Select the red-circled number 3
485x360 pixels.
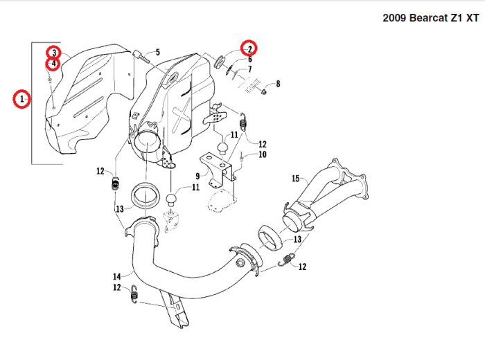(x=53, y=53)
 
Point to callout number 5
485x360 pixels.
(x=157, y=52)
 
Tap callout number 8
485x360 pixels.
(x=278, y=84)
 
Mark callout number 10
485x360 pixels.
(x=262, y=155)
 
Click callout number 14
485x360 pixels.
(x=116, y=276)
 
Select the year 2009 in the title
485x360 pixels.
(x=394, y=17)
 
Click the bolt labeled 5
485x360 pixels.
(x=141, y=55)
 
